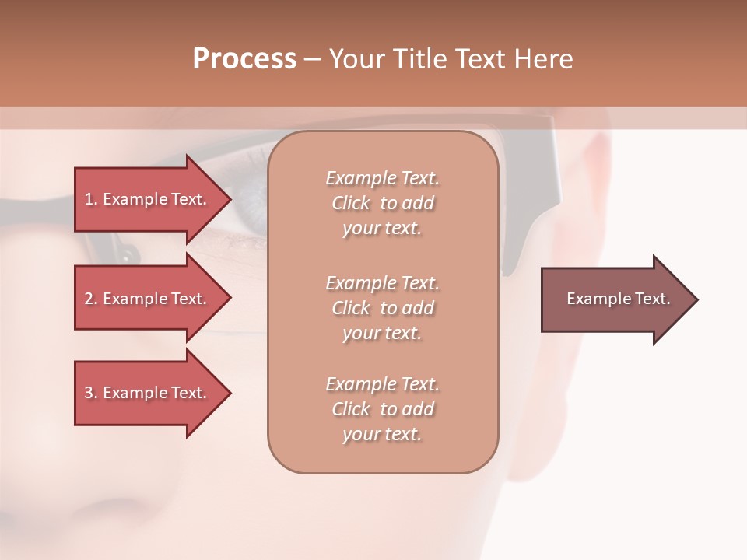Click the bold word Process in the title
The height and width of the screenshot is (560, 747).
[244, 59]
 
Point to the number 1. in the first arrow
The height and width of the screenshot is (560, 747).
[91, 200]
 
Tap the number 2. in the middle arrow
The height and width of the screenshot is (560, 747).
[91, 299]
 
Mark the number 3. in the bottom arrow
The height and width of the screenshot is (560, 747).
[91, 394]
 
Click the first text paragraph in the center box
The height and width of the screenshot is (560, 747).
[382, 203]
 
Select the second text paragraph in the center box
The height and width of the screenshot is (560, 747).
[382, 308]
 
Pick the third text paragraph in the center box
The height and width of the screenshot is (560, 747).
[382, 409]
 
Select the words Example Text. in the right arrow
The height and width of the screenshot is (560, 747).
[619, 299]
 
